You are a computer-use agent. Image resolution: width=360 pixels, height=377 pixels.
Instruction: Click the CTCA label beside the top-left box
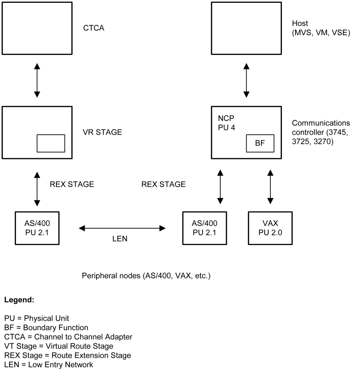(x=93, y=28)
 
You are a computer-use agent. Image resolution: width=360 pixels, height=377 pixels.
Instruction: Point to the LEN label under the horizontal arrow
(x=120, y=239)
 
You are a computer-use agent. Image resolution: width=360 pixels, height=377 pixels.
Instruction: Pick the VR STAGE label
(x=103, y=132)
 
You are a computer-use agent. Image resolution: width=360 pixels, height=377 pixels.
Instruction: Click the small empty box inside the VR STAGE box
(x=51, y=143)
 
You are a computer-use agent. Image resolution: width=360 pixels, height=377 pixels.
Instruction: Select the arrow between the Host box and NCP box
(x=246, y=80)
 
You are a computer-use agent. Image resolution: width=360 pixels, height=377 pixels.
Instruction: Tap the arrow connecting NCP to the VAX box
(x=270, y=185)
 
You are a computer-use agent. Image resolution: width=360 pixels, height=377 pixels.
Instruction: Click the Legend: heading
(x=19, y=300)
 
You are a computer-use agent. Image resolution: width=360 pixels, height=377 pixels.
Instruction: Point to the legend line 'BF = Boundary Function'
(x=46, y=327)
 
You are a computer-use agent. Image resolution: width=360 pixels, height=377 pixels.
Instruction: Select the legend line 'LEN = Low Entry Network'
(x=48, y=363)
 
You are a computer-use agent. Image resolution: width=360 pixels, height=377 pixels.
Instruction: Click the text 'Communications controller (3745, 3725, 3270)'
(x=321, y=132)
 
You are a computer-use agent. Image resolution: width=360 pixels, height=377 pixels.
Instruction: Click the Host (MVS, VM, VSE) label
(x=321, y=28)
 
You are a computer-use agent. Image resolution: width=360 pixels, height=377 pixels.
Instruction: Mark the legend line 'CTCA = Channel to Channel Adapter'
(x=68, y=337)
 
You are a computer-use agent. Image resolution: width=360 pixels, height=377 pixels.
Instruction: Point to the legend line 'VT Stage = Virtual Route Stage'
(x=59, y=346)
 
